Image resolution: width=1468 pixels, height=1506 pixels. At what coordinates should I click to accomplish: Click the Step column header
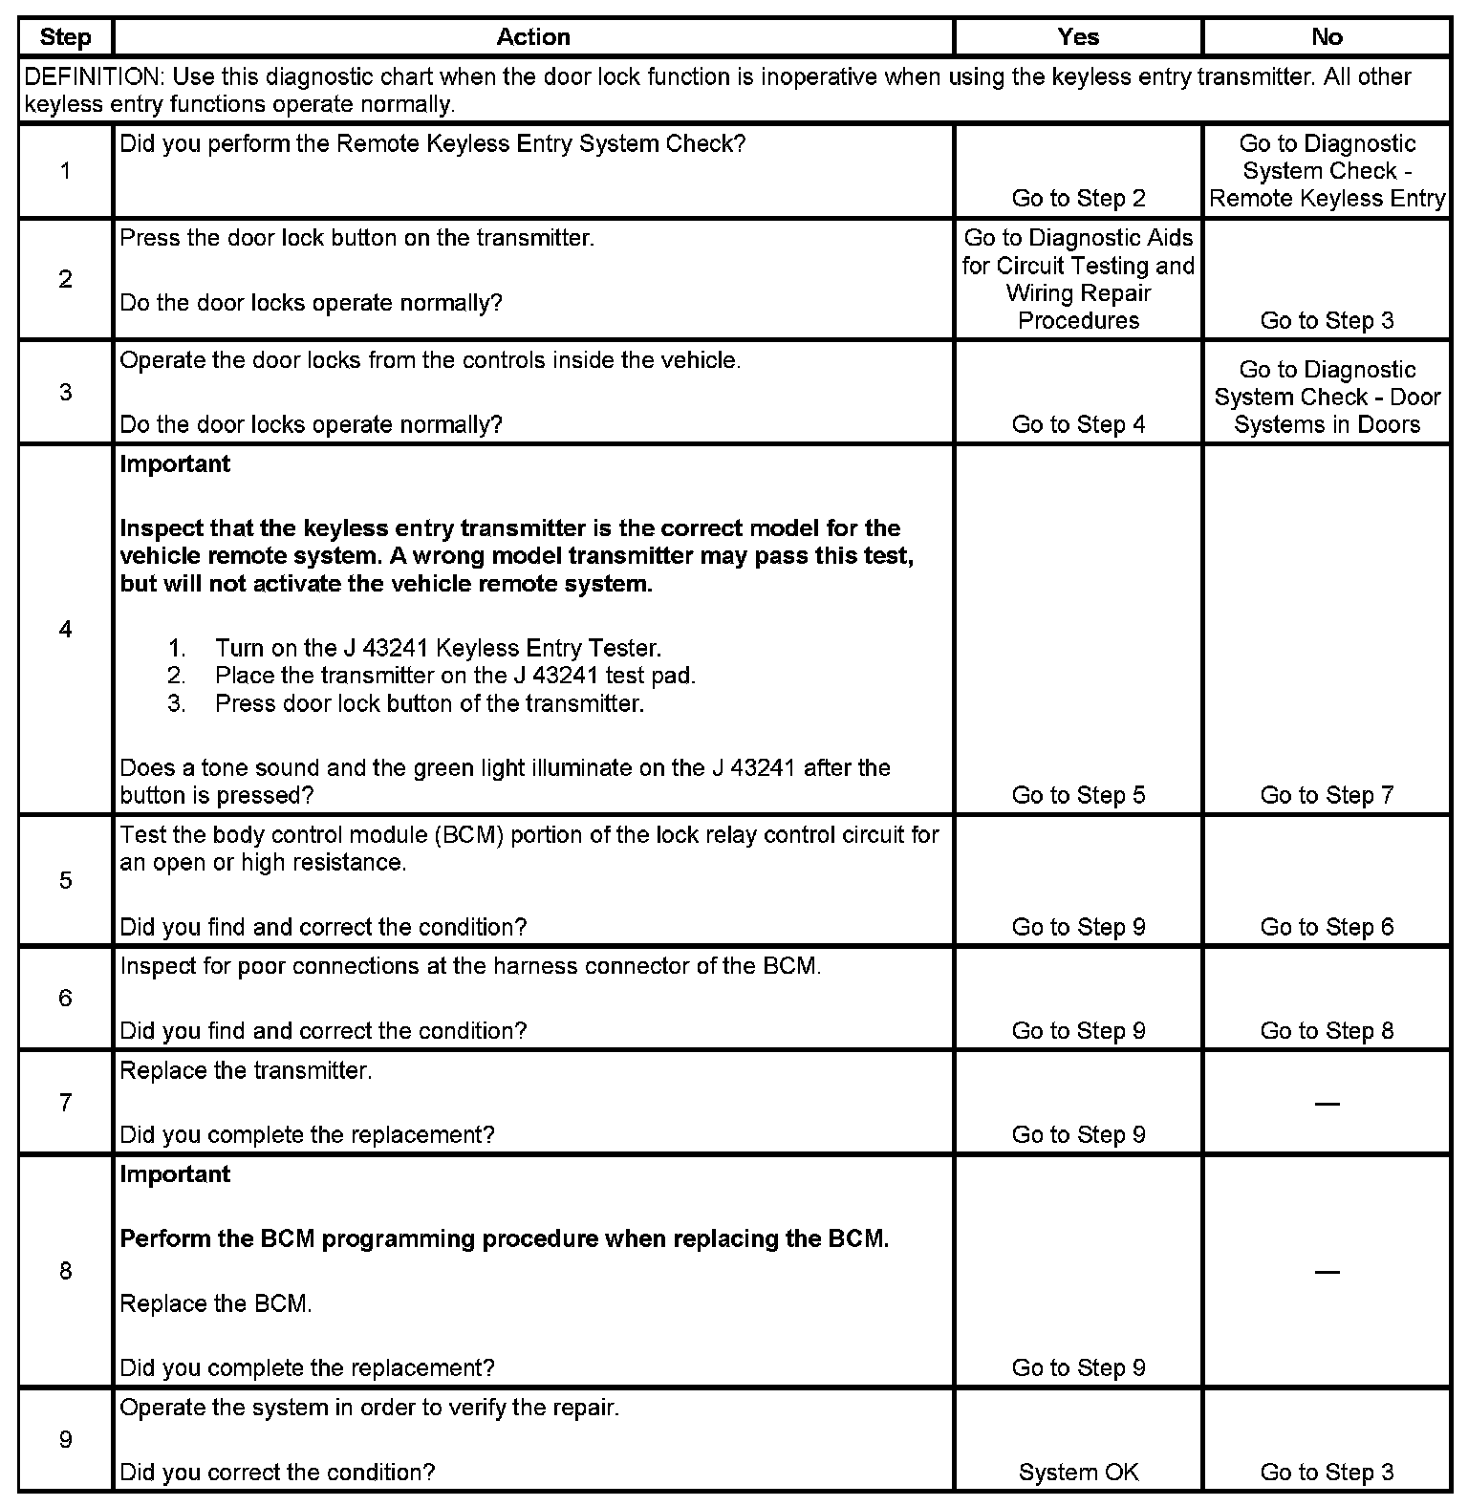tap(65, 37)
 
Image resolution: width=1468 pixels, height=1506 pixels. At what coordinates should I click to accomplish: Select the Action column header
tap(533, 37)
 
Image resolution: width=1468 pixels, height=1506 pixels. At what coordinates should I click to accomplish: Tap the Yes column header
tap(1078, 37)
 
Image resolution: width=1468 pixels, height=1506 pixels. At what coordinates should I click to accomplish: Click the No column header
tap(1327, 37)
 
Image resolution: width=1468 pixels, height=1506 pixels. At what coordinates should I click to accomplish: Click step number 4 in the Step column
tap(65, 630)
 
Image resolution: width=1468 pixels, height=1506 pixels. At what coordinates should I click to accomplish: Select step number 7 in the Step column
tap(65, 1104)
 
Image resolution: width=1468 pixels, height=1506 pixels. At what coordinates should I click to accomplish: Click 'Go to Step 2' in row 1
tap(1078, 199)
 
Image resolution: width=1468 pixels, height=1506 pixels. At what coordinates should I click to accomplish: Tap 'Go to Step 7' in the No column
tap(1327, 795)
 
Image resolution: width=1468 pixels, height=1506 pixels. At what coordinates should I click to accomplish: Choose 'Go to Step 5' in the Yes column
tap(1078, 795)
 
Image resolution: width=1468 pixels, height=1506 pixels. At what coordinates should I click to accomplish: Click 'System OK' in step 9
tap(1078, 1473)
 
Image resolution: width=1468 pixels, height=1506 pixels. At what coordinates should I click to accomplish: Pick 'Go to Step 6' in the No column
tap(1327, 927)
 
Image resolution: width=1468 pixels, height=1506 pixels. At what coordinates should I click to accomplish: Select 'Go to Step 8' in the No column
tap(1327, 1031)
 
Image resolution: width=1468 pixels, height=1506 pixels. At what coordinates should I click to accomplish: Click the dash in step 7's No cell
tap(1327, 1104)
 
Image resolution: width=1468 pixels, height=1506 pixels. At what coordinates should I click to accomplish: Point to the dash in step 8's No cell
tap(1327, 1272)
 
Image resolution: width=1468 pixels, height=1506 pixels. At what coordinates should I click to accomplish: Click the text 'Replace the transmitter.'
tap(246, 1071)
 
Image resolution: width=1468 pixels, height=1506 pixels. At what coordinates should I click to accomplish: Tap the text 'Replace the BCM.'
tap(216, 1304)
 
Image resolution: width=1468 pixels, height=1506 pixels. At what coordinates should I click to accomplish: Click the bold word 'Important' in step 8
tap(175, 1174)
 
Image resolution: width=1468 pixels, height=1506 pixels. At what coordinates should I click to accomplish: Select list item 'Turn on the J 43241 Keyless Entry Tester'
tap(438, 649)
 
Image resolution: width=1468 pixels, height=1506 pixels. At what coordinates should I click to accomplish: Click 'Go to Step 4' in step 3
tap(1078, 425)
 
